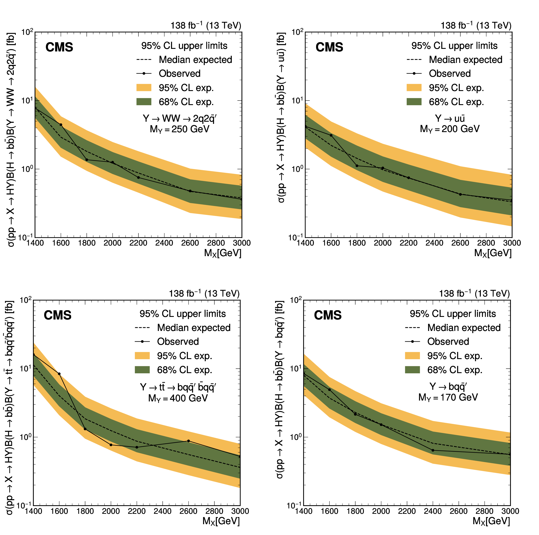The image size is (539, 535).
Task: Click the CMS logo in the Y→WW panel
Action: pyautogui.click(x=59, y=47)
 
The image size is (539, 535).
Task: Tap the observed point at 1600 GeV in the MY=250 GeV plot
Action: pyautogui.click(x=61, y=125)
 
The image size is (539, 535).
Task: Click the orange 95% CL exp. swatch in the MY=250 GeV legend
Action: pyautogui.click(x=144, y=88)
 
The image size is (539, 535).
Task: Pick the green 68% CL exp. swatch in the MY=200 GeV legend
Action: pyautogui.click(x=414, y=102)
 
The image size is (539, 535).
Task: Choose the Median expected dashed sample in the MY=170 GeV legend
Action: pyautogui.click(x=412, y=328)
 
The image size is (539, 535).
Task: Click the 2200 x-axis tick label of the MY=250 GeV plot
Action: pyautogui.click(x=138, y=243)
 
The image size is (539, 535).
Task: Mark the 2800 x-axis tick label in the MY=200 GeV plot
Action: pyautogui.click(x=486, y=243)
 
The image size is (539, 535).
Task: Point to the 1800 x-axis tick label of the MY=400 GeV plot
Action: pyautogui.click(x=85, y=511)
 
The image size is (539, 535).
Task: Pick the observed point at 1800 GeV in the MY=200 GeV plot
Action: pyautogui.click(x=357, y=166)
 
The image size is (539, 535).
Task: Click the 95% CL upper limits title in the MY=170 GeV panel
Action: pyautogui.click(x=453, y=314)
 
